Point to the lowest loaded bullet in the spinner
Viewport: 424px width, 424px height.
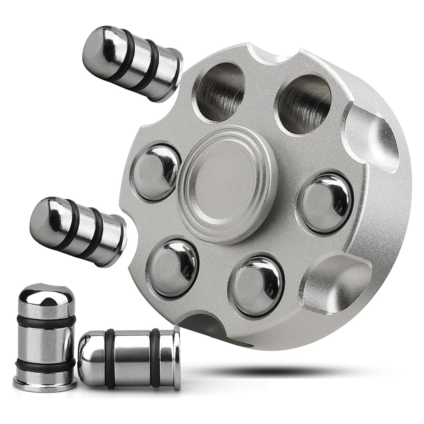pos(257,286)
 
